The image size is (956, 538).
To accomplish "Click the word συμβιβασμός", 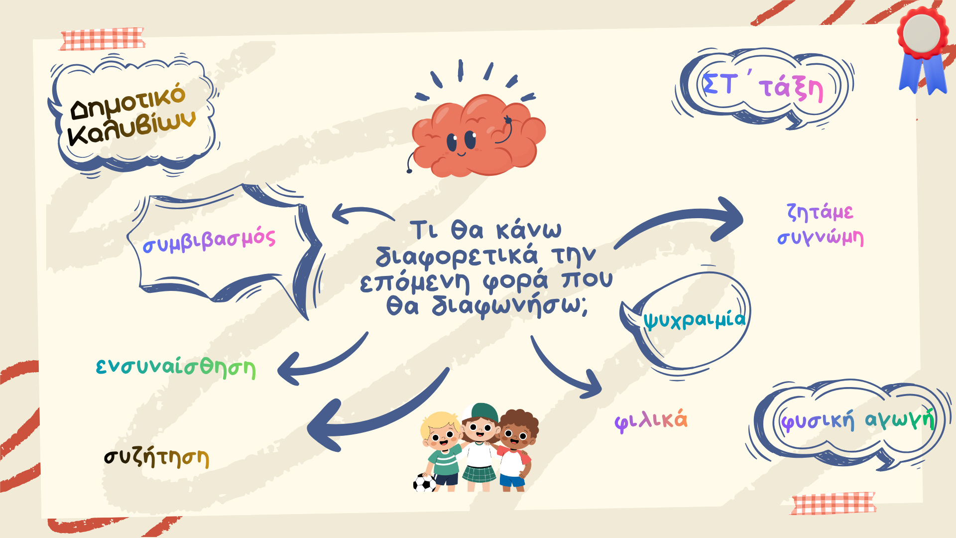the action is [209, 240].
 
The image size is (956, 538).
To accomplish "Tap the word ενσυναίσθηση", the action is [176, 368].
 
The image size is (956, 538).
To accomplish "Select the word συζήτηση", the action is [156, 457].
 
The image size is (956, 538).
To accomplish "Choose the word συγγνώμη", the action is [820, 238].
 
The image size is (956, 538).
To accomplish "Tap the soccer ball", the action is [424, 483].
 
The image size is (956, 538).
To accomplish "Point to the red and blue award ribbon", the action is [923, 50].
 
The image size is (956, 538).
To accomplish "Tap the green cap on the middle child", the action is [481, 413].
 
